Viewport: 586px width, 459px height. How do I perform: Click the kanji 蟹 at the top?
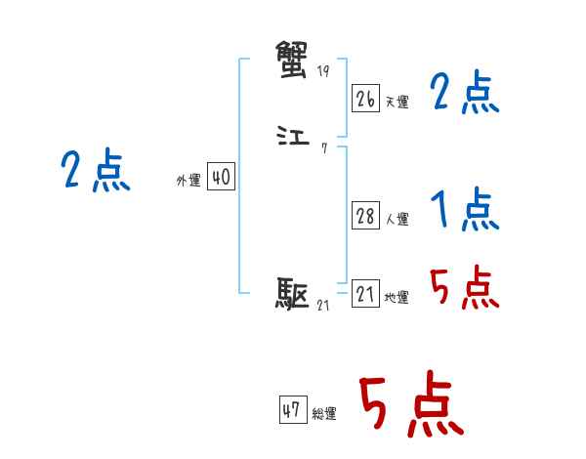293,58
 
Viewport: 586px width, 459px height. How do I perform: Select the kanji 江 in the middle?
293,138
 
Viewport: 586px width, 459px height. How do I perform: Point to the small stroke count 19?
324,72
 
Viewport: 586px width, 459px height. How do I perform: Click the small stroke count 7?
323,149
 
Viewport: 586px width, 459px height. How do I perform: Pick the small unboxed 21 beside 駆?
323,306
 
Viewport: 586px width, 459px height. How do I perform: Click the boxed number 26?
365,99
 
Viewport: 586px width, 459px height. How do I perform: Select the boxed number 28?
365,216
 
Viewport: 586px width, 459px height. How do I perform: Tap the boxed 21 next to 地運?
365,294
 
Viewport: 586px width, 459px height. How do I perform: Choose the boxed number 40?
221,177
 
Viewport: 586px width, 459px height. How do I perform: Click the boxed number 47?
291,410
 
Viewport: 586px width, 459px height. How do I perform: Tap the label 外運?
188,181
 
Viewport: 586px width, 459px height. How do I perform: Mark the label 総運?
323,414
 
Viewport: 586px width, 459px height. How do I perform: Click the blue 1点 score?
464,209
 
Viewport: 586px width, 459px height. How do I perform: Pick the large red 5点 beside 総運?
411,405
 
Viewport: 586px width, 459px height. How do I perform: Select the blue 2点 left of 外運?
95,172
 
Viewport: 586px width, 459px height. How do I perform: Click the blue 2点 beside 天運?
464,94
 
